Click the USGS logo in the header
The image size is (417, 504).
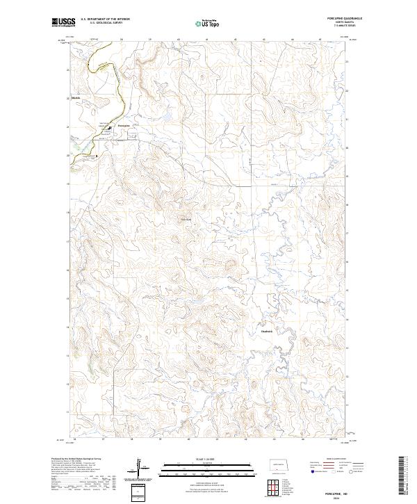(63, 22)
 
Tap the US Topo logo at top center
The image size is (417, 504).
(208, 22)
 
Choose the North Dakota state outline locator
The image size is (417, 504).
(276, 464)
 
